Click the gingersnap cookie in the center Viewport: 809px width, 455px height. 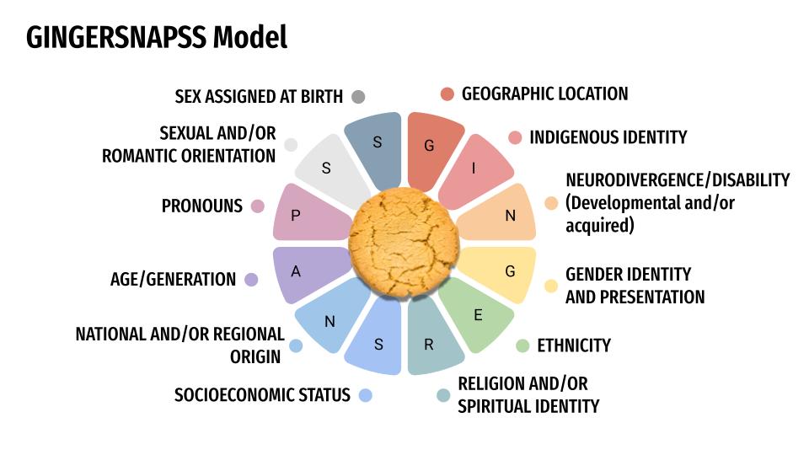point(404,245)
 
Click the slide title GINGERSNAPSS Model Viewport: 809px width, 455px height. point(157,37)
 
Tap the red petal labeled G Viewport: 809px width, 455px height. point(431,149)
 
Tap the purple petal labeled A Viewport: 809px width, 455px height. point(302,273)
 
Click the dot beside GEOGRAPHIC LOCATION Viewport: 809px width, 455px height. point(447,94)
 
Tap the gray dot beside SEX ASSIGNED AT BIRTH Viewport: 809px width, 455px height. point(358,96)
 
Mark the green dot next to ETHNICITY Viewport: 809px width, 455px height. point(522,345)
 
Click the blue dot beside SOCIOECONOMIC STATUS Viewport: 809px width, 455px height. point(365,394)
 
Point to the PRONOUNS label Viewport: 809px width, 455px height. point(202,206)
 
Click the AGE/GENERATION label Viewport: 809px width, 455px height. point(173,280)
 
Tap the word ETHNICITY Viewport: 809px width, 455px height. point(574,345)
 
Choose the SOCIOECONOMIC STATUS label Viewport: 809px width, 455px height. point(262,395)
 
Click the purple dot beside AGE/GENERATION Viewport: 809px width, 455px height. point(251,280)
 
